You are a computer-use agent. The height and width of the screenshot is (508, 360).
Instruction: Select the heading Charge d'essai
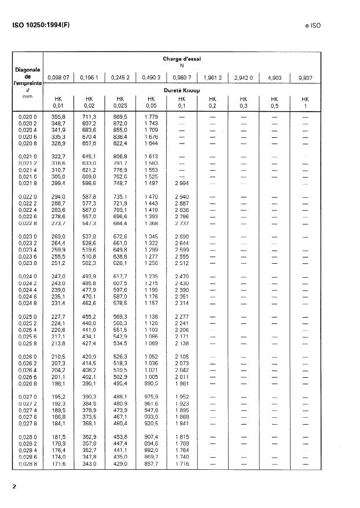point(182,58)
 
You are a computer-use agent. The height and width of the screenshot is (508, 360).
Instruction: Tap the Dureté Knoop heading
point(182,91)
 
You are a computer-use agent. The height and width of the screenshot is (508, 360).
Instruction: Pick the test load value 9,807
point(306,77)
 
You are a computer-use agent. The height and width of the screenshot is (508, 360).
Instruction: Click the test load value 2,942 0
point(244,77)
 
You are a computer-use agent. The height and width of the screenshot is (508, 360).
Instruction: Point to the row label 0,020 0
point(27,117)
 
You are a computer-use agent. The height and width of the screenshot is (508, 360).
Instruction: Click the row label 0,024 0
point(27,278)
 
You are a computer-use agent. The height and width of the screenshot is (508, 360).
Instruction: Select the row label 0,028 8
point(27,465)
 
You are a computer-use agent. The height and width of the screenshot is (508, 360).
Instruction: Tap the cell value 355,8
point(58,117)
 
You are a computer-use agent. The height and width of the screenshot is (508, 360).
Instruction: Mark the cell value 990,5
point(150,383)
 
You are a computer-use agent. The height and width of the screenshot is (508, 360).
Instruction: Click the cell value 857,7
point(150,465)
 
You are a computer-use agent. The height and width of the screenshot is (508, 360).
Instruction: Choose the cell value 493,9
point(89,278)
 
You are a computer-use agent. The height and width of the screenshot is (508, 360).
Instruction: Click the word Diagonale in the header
point(27,70)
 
